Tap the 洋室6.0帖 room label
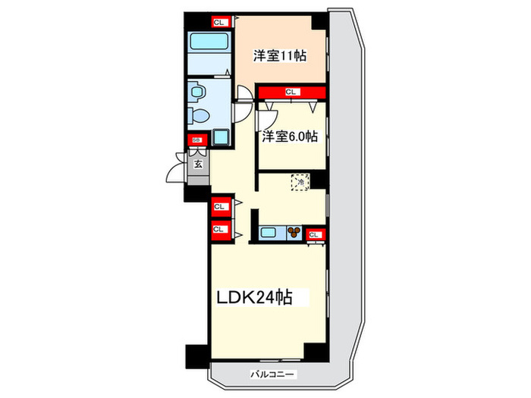pyautogui.click(x=290, y=137)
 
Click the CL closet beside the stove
pyautogui.click(x=315, y=235)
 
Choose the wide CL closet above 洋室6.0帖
pyautogui.click(x=291, y=92)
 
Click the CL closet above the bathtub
pyautogui.click(x=219, y=22)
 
